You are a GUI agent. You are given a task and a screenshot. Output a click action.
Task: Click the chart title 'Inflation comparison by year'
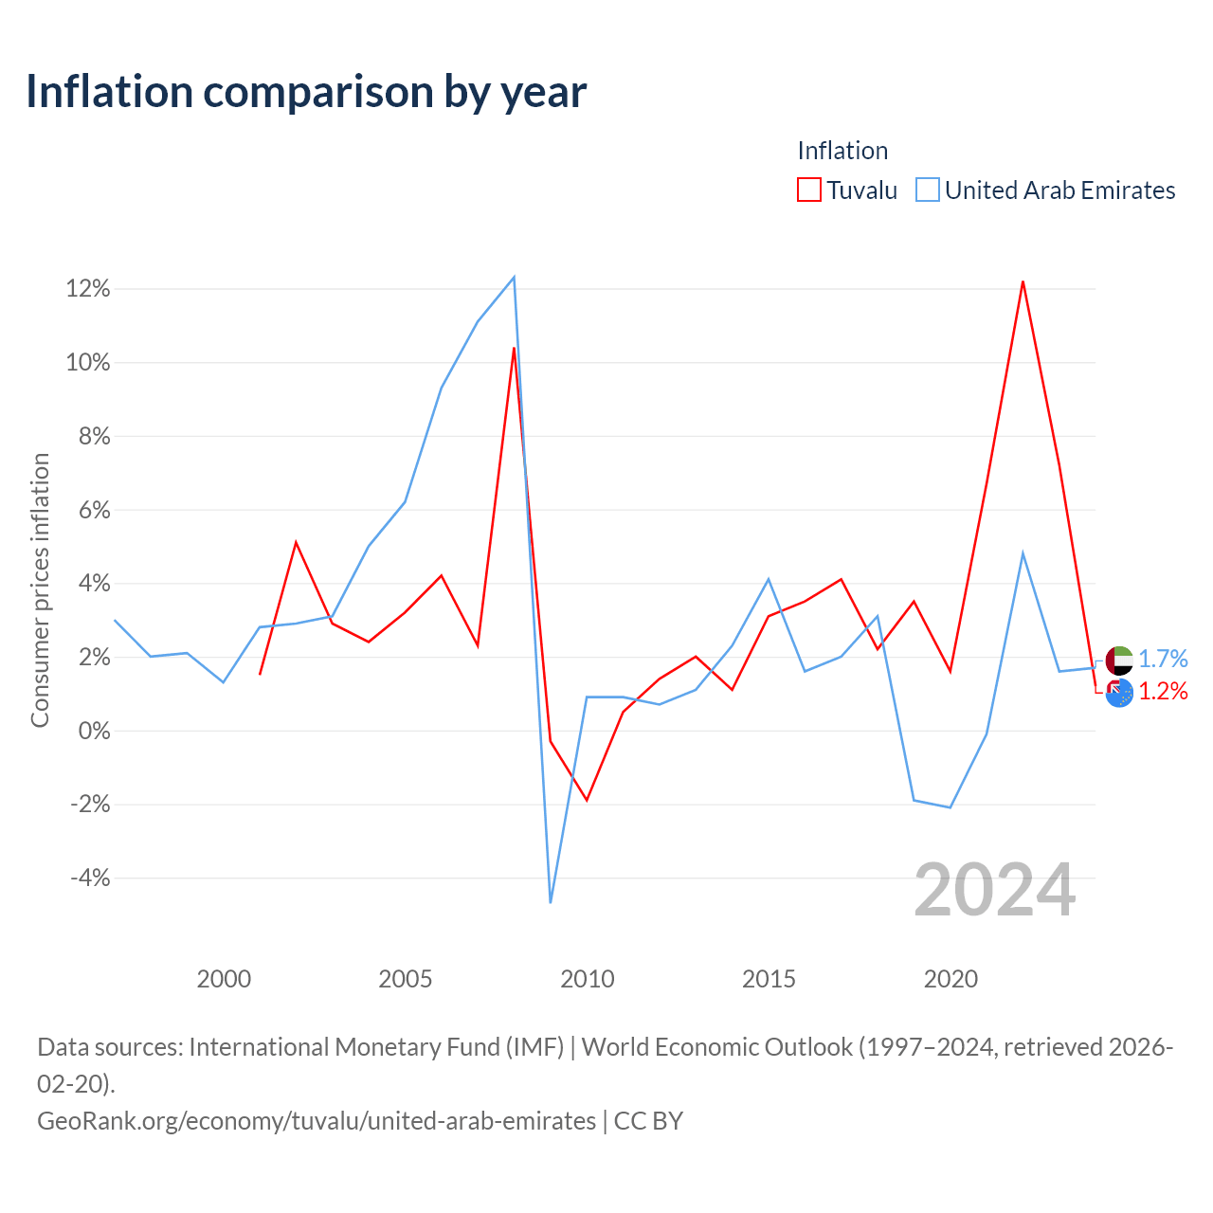306,92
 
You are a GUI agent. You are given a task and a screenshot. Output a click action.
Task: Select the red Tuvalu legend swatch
808,190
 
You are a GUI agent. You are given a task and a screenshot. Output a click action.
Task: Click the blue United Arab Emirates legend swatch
927,190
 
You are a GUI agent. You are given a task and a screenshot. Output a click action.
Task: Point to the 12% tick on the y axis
88,289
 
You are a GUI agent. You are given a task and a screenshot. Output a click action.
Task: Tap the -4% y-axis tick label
90,878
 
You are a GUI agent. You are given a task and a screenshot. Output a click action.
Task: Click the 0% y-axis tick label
95,731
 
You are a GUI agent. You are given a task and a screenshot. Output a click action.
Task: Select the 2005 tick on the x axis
405,979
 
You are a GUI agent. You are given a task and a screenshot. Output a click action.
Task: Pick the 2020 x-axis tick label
950,979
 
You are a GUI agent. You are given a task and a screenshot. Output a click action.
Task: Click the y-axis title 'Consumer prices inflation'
41,590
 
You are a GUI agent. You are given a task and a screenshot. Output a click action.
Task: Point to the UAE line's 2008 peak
515,277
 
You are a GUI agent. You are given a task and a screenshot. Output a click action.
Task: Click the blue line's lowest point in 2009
551,903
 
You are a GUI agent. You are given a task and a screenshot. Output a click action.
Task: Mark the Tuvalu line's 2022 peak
1023,281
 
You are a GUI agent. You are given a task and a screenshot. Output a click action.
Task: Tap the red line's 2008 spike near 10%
515,348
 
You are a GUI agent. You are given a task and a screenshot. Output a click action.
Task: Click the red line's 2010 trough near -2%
587,800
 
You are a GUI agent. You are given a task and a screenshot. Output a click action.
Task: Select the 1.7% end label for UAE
1164,659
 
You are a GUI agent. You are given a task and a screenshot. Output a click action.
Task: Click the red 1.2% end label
1164,691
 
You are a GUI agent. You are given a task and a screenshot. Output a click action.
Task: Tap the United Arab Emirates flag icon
1118,661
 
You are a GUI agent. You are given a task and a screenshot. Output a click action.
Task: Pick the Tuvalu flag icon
1118,693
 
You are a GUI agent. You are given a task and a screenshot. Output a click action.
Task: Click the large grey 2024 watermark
995,890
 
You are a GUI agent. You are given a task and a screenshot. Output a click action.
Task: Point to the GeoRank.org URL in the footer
316,1120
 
